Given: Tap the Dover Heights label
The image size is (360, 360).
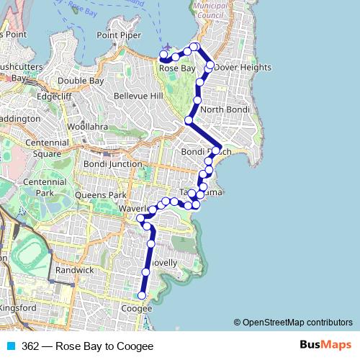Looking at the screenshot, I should [x=243, y=68].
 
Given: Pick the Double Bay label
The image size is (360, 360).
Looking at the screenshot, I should [x=82, y=81].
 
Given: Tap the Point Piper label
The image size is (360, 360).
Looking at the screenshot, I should [x=120, y=35].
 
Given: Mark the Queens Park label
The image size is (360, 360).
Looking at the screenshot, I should [x=105, y=195].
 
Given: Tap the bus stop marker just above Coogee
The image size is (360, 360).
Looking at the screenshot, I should [x=142, y=295].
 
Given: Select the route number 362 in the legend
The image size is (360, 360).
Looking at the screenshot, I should [x=30, y=346].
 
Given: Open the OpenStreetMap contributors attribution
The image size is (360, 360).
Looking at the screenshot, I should [x=296, y=323].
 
